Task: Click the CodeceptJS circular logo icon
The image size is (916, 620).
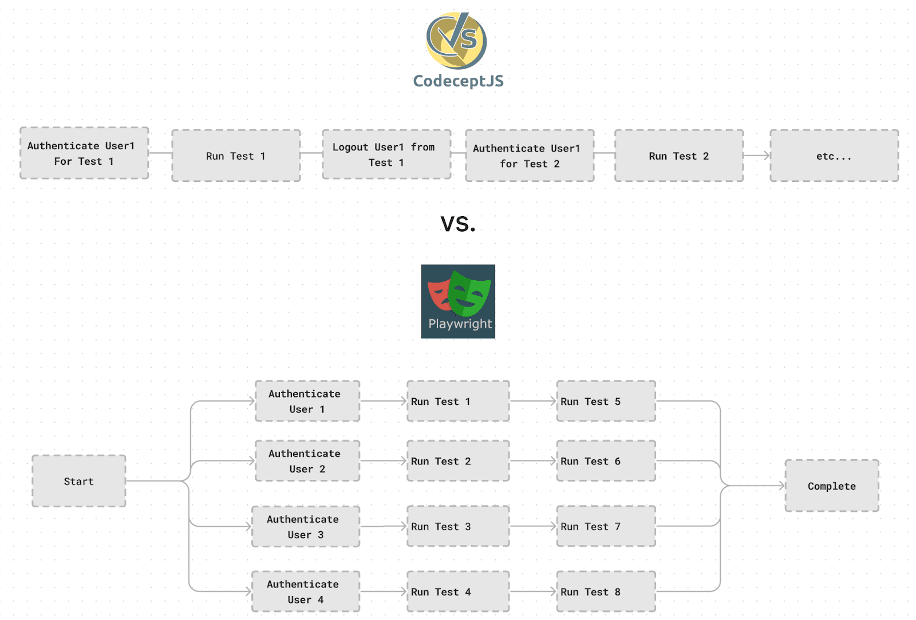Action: point(456,41)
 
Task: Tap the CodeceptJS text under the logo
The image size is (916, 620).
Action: point(458,81)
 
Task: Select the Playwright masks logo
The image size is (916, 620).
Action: point(458,301)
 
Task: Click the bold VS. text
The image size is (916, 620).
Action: point(458,224)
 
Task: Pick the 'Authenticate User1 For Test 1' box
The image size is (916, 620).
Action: point(84,153)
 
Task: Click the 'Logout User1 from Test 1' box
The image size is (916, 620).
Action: point(386,155)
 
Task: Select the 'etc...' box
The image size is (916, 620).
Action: point(834,156)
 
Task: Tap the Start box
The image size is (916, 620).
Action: point(79,481)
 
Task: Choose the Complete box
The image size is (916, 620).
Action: point(832,486)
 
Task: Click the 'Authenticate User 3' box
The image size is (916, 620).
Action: point(306,527)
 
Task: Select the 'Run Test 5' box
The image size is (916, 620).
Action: point(606,402)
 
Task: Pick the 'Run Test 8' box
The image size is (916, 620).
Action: point(606,592)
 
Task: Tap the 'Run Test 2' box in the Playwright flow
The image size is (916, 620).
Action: point(458,461)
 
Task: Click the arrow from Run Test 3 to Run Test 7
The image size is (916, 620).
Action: point(533,526)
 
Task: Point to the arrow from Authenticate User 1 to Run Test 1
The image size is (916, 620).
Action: point(383,401)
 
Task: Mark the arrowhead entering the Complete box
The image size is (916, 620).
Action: point(781,486)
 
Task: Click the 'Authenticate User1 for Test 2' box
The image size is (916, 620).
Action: point(530,156)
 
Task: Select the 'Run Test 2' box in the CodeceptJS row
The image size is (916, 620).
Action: point(679,156)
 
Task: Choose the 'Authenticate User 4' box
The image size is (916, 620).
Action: point(306,592)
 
